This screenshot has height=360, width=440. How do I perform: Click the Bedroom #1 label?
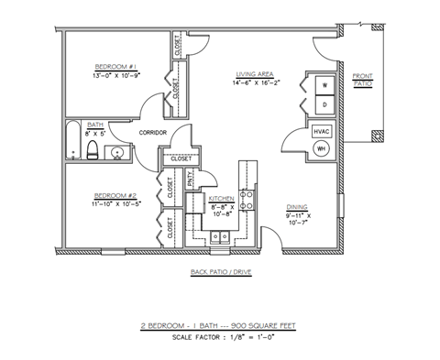point(115,67)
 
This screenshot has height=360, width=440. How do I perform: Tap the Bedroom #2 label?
point(115,195)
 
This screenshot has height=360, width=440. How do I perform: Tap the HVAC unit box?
point(321,131)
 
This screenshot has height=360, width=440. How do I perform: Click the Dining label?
point(296,206)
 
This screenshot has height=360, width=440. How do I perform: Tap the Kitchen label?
point(221,199)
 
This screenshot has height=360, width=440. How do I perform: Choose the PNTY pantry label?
point(191,180)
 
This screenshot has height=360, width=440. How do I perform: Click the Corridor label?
point(152,133)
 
